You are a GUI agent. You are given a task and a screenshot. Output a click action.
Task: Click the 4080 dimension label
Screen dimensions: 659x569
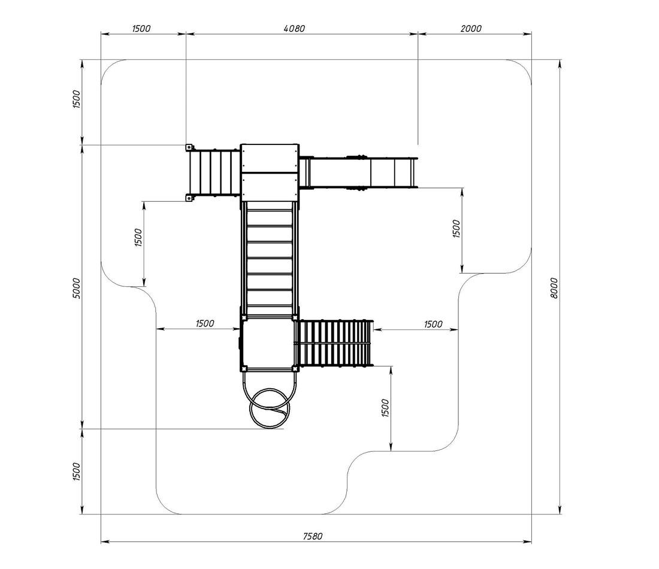(x=294, y=29)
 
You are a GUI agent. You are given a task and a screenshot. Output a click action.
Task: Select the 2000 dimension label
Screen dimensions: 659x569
(x=471, y=29)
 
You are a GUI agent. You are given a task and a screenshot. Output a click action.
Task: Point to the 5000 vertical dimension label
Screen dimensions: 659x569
(x=76, y=288)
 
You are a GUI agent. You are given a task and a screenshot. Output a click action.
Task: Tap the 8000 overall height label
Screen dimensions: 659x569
(x=554, y=288)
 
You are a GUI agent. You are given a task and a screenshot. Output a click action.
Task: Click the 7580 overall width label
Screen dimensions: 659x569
(x=313, y=536)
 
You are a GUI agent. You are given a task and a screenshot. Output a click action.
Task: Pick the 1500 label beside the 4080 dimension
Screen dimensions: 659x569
(x=141, y=29)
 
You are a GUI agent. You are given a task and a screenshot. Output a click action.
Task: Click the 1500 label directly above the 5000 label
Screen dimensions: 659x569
(x=76, y=99)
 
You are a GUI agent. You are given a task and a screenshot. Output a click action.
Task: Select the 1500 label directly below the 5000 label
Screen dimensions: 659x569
(x=76, y=471)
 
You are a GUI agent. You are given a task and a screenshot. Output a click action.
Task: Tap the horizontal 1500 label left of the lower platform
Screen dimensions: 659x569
(x=205, y=323)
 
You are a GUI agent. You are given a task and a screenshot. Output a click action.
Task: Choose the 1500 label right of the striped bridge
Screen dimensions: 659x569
(x=433, y=324)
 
